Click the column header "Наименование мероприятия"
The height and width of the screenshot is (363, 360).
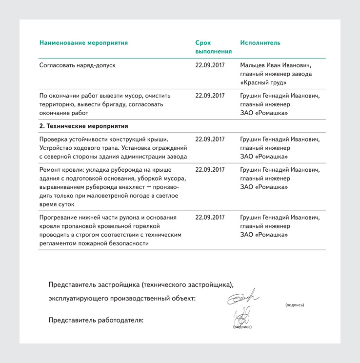click(83, 43)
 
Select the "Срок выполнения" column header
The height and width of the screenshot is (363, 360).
click(213, 47)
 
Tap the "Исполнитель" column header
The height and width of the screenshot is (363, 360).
click(260, 43)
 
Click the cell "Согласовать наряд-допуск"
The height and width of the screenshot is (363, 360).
click(77, 65)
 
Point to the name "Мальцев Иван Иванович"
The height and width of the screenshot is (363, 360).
click(276, 65)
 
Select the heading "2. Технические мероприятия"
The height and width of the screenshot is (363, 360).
click(83, 126)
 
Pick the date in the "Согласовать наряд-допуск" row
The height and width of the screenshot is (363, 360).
click(210, 65)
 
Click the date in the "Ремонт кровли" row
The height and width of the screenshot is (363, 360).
click(210, 170)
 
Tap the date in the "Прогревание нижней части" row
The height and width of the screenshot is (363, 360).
click(210, 217)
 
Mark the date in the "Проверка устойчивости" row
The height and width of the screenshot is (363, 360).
click(210, 139)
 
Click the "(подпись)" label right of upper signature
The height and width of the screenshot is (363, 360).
click(295, 305)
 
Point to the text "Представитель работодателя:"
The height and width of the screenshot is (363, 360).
click(96, 321)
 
